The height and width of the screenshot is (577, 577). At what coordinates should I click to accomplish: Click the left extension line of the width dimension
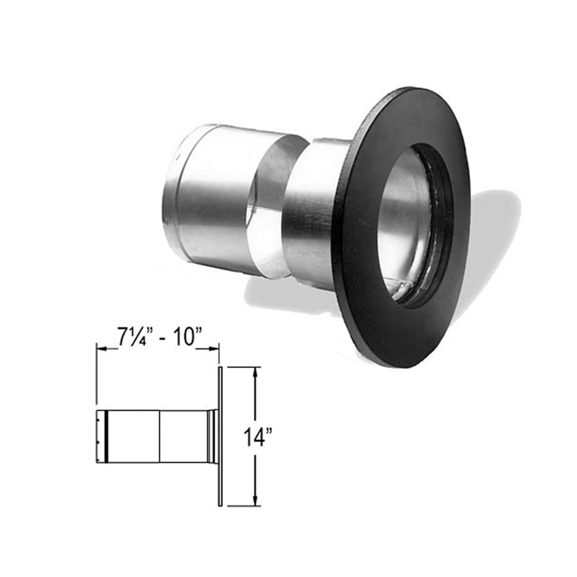coord(96,374)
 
